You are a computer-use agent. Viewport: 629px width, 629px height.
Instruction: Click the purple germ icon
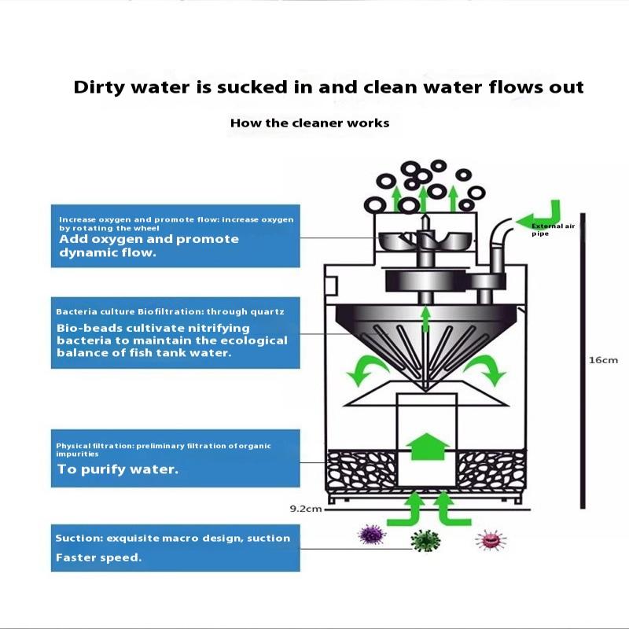[x=372, y=537]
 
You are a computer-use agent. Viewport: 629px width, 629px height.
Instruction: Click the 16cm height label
[x=603, y=360]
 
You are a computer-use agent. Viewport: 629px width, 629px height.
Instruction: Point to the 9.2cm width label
[x=306, y=509]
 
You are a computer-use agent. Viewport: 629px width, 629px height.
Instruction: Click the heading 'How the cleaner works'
[x=310, y=123]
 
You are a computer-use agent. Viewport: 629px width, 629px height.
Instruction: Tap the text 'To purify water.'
[x=118, y=470]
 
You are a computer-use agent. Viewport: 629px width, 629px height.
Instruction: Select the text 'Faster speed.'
[x=98, y=557]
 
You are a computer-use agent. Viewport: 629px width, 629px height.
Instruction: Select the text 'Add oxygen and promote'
[x=149, y=239]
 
